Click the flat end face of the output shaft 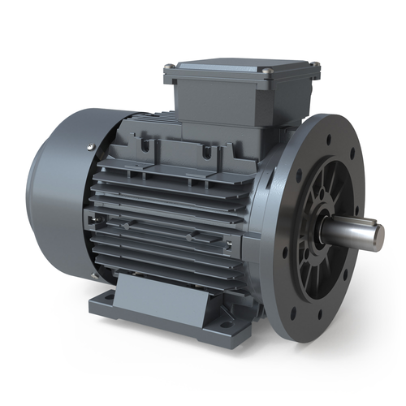pyautogui.click(x=378, y=237)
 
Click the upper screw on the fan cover pyautogui.click(x=89, y=147)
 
